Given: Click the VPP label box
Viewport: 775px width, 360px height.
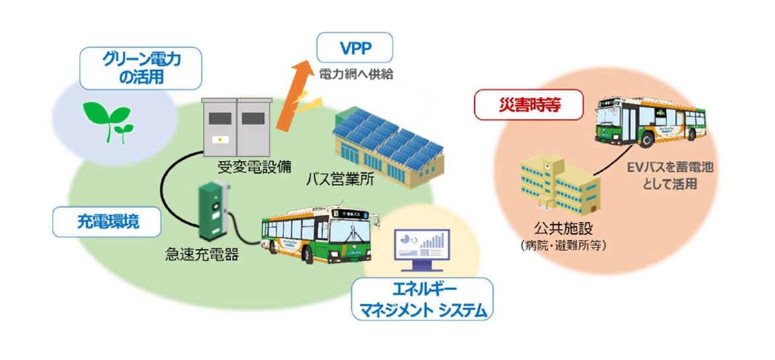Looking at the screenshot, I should point(354,48).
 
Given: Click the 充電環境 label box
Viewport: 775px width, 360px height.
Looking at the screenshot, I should point(106,222).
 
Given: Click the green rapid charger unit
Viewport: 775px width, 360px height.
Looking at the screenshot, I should point(213,209).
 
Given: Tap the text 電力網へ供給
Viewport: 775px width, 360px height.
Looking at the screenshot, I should point(356,74).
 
